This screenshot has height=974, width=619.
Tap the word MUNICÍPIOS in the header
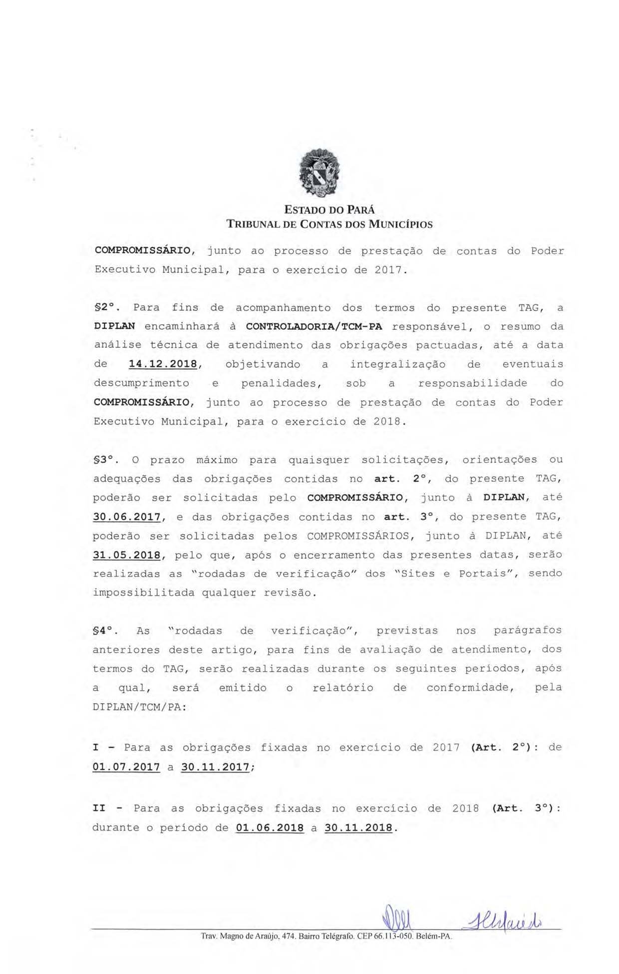[400, 224]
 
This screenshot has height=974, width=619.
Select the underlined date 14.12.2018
[163, 364]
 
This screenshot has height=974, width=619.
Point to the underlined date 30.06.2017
[127, 517]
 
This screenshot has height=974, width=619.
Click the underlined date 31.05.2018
[127, 555]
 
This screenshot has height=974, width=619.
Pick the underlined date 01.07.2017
[126, 767]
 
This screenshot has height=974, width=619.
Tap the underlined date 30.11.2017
[215, 767]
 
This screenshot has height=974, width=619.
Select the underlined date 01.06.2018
[270, 828]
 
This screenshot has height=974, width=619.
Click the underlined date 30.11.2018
[358, 828]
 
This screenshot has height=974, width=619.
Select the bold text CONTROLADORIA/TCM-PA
[314, 327]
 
